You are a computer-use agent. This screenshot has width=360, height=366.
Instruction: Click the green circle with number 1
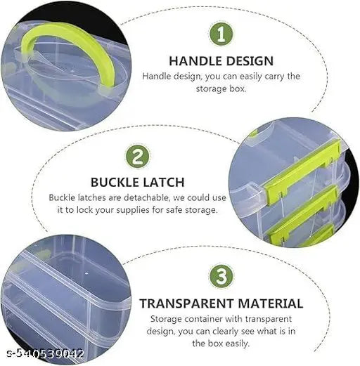click(x=221, y=34)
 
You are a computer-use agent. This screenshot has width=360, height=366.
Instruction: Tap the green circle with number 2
click(x=138, y=156)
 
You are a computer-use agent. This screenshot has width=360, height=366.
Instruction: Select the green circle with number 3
click(x=221, y=276)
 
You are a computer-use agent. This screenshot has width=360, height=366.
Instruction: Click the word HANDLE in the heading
click(x=195, y=61)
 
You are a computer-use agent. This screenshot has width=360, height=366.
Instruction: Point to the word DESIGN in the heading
click(x=250, y=61)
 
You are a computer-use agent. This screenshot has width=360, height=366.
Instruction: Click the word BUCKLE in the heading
click(x=114, y=182)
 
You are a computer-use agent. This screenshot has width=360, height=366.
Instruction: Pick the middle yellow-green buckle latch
click(x=302, y=216)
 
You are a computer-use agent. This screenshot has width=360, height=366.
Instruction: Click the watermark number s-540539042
click(x=45, y=353)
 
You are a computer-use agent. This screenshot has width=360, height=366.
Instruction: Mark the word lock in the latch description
click(x=84, y=210)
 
